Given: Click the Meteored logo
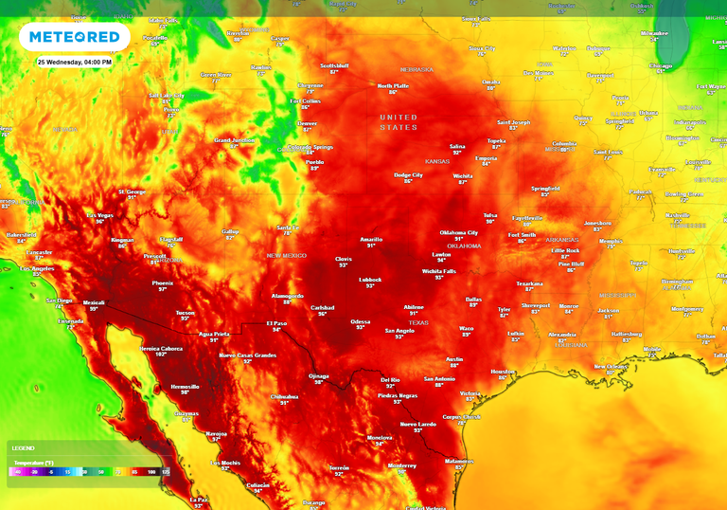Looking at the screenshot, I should tap(74, 37).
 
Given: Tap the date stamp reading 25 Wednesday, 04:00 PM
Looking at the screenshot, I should tap(75, 62).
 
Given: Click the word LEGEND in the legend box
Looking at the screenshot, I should tap(24, 447).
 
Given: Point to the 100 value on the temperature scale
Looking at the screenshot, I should tap(151, 471).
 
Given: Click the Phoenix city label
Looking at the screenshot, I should tap(163, 283).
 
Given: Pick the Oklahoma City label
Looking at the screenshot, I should tap(459, 232).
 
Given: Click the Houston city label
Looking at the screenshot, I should tap(503, 372).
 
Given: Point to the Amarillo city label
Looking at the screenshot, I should tap(371, 240).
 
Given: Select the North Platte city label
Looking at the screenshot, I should tap(392, 86).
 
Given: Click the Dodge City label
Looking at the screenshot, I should tap(408, 174).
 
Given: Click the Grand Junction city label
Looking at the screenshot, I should tap(235, 140).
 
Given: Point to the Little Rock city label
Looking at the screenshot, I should tap(565, 250).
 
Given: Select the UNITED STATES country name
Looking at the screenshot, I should tap(399, 121).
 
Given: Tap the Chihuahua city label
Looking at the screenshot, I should tap(285, 397).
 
